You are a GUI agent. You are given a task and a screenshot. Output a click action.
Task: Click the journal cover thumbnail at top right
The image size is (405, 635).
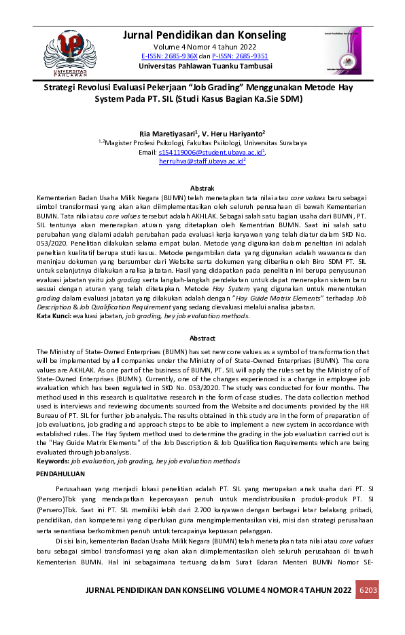[342, 51]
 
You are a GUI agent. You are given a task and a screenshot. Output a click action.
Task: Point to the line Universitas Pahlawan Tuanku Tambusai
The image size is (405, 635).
[205, 66]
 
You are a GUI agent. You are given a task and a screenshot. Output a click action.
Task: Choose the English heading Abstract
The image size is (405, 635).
[202, 338]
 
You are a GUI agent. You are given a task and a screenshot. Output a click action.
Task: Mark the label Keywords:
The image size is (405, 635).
[52, 461]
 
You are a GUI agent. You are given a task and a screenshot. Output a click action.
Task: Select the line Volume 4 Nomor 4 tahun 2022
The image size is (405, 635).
[205, 46]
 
